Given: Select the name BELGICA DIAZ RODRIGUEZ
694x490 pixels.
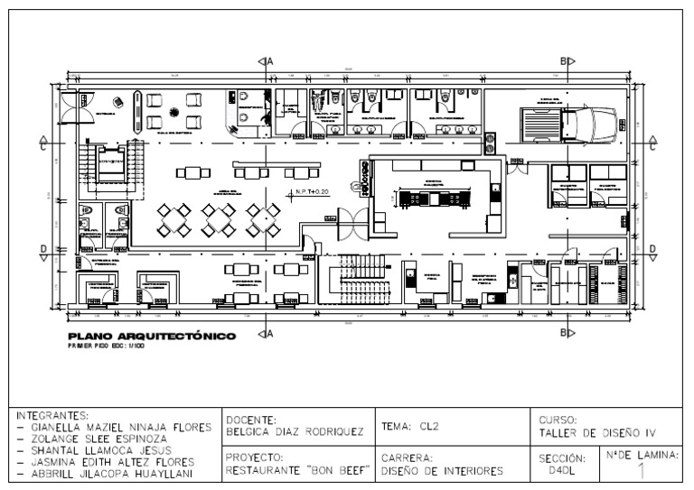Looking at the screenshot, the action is (294, 431).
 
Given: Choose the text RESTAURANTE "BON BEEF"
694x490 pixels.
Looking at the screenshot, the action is (299, 470).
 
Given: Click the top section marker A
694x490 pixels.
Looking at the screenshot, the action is (268, 61).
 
